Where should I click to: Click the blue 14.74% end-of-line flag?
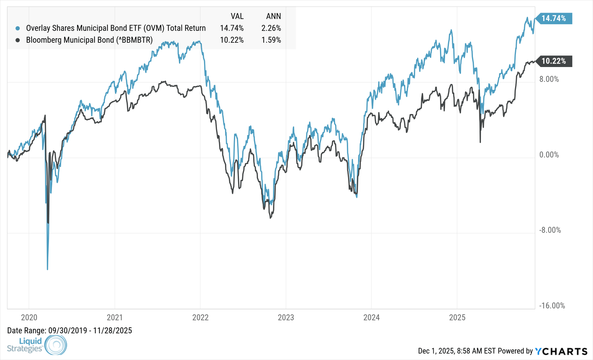point(554,18)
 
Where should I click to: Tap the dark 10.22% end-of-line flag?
point(554,61)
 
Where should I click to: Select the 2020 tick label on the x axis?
point(29,317)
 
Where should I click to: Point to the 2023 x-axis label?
point(286,317)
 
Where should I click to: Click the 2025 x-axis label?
point(457,317)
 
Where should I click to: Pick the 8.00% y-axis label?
point(549,79)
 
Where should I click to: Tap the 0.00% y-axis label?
point(549,155)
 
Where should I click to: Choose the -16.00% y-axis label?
point(552,306)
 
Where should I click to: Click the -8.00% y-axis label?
point(550,230)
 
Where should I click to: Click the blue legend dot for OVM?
point(18,28)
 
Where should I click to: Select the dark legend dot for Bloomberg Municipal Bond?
point(18,40)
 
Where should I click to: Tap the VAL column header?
point(237,16)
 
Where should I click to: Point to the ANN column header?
point(273,16)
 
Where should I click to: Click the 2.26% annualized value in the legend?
point(271,28)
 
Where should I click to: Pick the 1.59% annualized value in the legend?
point(271,40)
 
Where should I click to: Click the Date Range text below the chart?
point(69,331)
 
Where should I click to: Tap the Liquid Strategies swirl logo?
point(56,345)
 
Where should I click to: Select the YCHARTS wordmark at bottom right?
point(561,351)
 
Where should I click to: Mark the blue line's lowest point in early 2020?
point(47,269)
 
